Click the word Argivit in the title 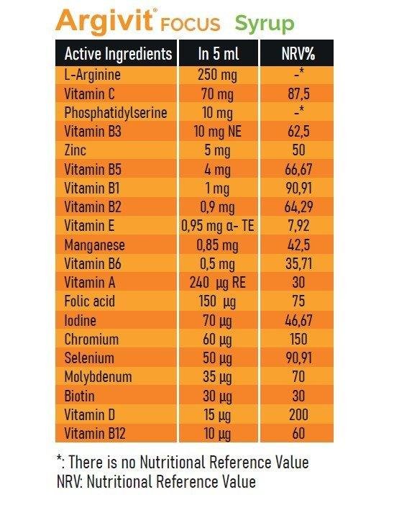click(x=104, y=22)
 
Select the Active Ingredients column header click(x=118, y=53)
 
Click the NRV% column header click(x=298, y=54)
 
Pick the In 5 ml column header click(x=219, y=53)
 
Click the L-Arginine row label click(x=92, y=75)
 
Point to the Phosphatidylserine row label click(x=116, y=113)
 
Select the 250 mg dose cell click(x=217, y=75)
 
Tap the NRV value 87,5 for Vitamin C click(x=298, y=94)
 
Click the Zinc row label click(x=75, y=150)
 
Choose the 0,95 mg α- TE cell click(x=218, y=226)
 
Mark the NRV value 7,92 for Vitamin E click(x=298, y=226)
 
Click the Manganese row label click(x=94, y=245)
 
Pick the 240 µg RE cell click(x=217, y=283)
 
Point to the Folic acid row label click(x=89, y=301)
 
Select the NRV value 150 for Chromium click(x=298, y=339)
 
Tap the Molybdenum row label click(x=98, y=377)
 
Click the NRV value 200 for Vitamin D click(x=298, y=415)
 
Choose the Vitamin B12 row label click(x=95, y=434)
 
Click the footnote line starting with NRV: click(x=156, y=482)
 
